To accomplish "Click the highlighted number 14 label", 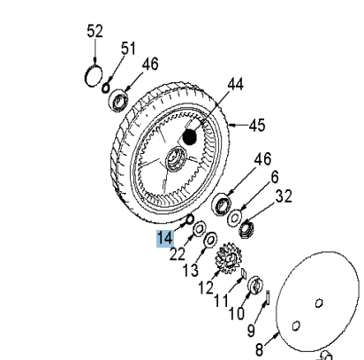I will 165,238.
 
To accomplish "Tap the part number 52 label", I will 95,32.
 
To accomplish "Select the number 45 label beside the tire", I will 255,125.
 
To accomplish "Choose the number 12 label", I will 206,287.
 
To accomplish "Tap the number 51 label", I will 128,49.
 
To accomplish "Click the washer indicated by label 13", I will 211,240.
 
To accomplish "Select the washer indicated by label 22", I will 199,227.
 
